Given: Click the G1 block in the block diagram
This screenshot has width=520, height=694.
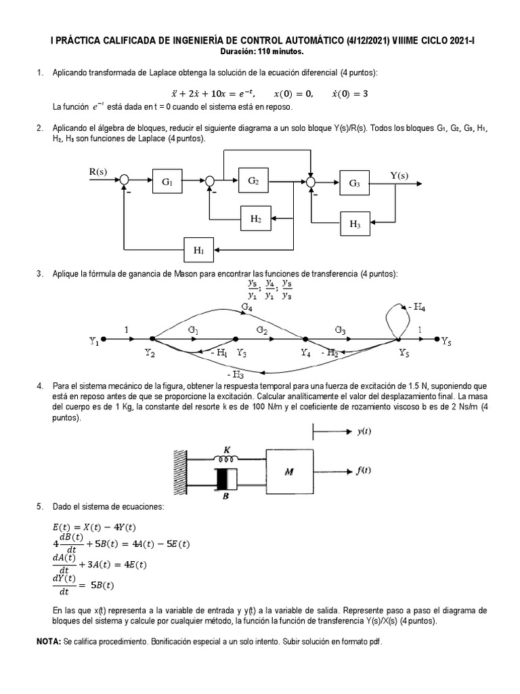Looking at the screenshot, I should coord(167,182).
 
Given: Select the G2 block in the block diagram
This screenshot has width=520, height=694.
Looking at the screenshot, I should coord(253,181).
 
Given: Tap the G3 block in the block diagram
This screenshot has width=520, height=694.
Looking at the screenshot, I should coord(355,183).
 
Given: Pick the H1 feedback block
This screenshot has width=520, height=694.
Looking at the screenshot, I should coord(198,250).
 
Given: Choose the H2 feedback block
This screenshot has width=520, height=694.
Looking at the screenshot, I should coord(255,218).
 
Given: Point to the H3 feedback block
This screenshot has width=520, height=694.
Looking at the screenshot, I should coord(355,223).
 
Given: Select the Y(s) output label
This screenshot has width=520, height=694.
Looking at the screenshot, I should coord(399,176).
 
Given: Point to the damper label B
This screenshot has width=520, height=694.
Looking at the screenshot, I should coord(225,495).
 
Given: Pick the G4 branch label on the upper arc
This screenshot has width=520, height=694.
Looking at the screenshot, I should coord(247,307).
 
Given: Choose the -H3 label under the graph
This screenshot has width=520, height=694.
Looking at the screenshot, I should coord(236,373).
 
